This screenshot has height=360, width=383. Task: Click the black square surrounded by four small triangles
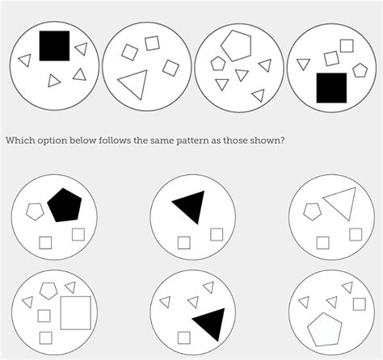54,46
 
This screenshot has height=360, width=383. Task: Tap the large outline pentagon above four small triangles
237,45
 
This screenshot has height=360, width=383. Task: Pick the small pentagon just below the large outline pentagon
218,64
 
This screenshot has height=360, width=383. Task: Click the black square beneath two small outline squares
331,88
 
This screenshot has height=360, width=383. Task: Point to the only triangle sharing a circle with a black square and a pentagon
303,64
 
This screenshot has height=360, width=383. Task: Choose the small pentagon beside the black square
360,70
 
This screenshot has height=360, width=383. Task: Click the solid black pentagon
65,205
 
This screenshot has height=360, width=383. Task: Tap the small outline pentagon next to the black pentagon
35,211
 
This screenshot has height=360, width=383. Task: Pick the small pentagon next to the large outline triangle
312,211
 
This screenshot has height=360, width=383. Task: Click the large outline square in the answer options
76,313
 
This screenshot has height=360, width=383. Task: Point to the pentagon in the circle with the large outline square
48,291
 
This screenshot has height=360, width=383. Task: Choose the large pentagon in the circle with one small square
325,329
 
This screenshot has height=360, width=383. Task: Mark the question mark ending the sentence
282,140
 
